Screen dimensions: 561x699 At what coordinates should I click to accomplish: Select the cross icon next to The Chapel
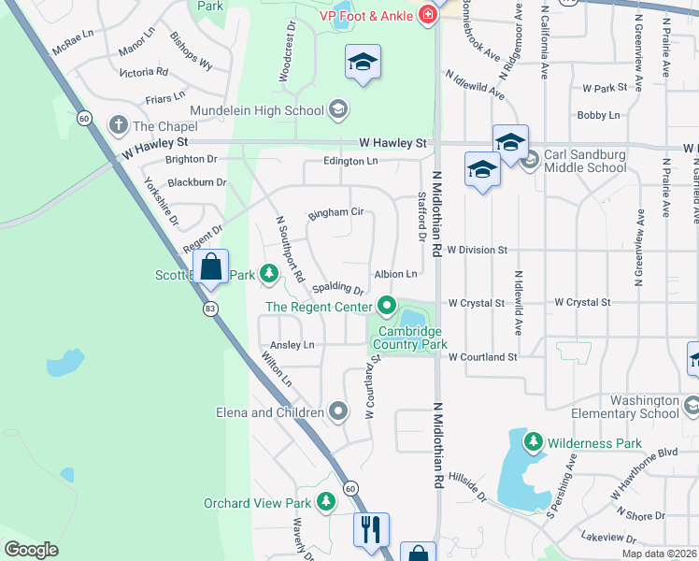[x=118, y=124]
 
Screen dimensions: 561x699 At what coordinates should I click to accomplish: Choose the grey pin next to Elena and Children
[x=338, y=411]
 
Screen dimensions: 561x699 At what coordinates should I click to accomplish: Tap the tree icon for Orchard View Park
[x=325, y=503]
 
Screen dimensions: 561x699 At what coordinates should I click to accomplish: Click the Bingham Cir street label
[x=335, y=212]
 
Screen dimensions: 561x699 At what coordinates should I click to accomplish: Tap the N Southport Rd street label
[x=289, y=249]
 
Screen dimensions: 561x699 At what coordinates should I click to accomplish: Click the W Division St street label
[x=476, y=251]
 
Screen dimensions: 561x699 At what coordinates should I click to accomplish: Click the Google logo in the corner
[x=31, y=550]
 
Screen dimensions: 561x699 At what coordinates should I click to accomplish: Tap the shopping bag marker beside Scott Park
[x=211, y=267]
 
